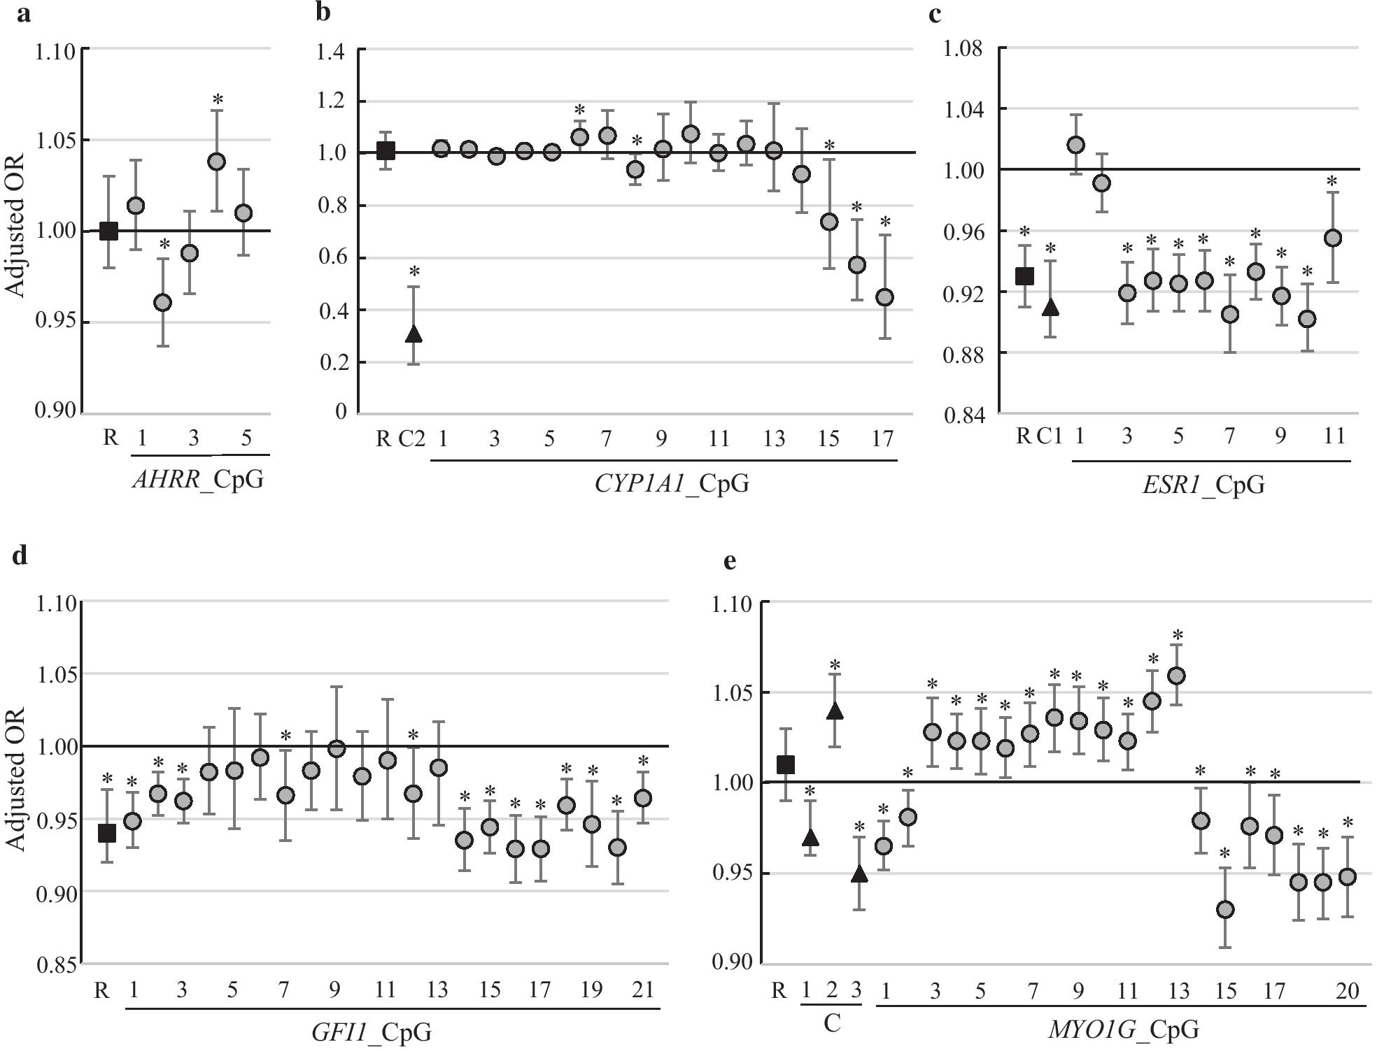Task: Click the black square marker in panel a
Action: coord(108,231)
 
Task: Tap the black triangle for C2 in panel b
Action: coord(414,334)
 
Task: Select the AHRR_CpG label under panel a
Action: coord(198,480)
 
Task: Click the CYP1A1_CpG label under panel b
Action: coord(671,483)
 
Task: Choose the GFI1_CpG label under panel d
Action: coord(371,1032)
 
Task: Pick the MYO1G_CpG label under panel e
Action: coord(1122,1029)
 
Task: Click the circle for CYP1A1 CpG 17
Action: coord(885,297)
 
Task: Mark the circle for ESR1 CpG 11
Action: coord(1333,238)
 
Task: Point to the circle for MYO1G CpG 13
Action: coord(1177,676)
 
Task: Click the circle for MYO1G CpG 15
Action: coord(1225,910)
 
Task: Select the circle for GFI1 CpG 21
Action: coord(643,798)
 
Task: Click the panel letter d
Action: coord(20,555)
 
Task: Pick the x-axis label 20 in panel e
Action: coord(1347,990)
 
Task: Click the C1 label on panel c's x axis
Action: coord(1049,436)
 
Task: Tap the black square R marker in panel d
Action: coord(106,833)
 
